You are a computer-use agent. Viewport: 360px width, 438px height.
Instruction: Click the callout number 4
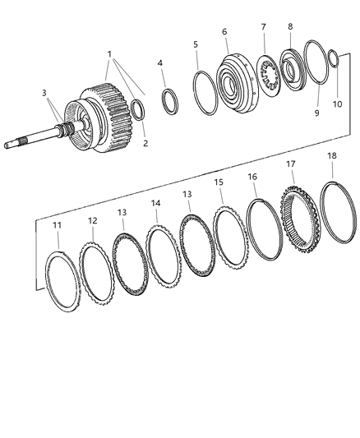click(x=160, y=62)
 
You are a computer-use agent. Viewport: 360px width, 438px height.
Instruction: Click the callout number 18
click(x=332, y=178)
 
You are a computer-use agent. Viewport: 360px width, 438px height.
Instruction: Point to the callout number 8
click(x=289, y=26)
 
